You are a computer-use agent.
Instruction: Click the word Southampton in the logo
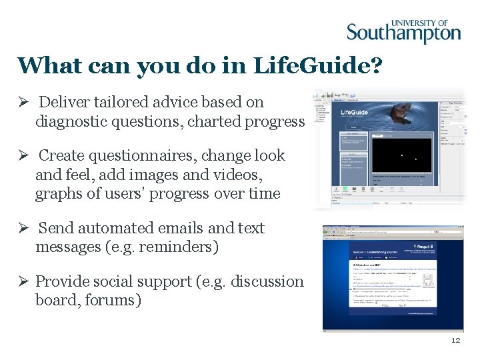click(x=403, y=33)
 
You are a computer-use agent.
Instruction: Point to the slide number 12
click(x=455, y=340)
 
